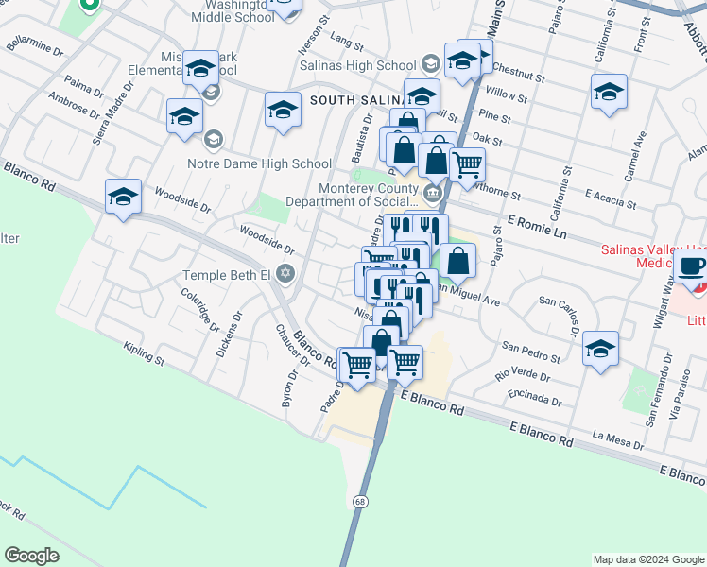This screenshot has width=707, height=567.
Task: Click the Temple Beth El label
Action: point(226,276)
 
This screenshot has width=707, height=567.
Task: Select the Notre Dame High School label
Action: point(272,163)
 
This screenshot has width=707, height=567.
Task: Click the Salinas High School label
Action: point(357,65)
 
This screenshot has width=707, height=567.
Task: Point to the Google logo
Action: point(31,556)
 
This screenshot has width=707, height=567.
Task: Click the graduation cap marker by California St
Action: point(609,92)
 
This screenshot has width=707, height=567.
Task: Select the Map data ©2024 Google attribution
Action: point(647,559)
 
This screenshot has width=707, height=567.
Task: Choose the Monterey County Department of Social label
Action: point(368,194)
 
